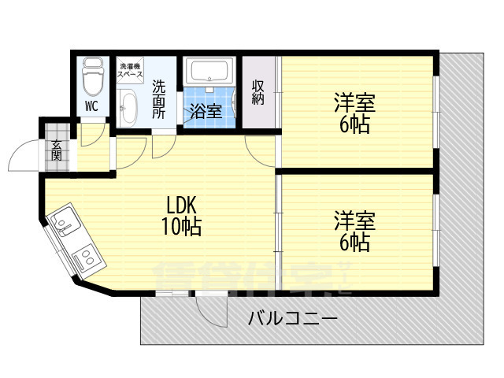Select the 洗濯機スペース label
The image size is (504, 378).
click(129, 70)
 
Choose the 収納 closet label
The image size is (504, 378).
click(258, 92)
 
